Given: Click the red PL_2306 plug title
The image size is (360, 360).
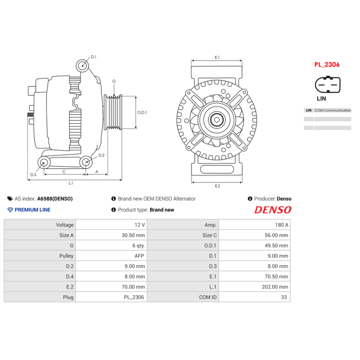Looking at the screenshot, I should [x=327, y=64].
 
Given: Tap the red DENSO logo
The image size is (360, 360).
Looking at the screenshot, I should [x=273, y=210].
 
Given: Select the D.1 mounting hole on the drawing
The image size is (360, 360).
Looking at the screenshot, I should [x=82, y=65].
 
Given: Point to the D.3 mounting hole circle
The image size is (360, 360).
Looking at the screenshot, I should [x=44, y=162].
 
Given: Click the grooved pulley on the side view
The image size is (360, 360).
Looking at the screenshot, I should [x=113, y=112].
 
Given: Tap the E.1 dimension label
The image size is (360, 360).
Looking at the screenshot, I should [x=217, y=57].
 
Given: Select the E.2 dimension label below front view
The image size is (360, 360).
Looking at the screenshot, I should [x=217, y=186].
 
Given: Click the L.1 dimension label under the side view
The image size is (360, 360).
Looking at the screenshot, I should [x=71, y=183].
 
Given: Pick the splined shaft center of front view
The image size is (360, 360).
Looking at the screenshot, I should [x=217, y=120].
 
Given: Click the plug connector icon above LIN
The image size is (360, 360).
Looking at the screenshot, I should [x=327, y=85].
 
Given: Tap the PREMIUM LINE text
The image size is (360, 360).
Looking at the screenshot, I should [x=32, y=210].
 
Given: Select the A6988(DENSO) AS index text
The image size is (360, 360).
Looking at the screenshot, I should [x=54, y=198].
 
